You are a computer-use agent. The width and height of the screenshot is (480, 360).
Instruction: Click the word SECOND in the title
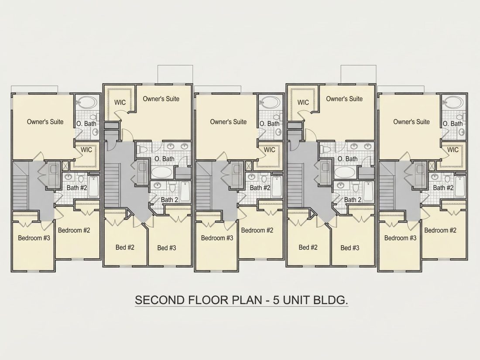[159, 300]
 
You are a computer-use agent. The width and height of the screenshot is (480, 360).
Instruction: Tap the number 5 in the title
[276, 300]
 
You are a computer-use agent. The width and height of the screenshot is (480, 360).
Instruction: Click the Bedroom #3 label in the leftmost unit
[34, 238]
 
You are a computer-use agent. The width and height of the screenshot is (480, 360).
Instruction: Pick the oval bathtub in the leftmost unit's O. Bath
[86, 102]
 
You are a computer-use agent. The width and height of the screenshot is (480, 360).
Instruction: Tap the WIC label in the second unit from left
[120, 102]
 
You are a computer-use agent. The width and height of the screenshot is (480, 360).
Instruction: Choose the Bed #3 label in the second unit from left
[167, 248]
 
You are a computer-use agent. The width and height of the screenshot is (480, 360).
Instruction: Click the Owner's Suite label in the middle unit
[228, 122]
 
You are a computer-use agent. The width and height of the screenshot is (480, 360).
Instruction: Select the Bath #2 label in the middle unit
[260, 188]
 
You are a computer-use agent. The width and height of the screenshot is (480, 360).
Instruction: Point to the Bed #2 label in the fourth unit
[308, 247]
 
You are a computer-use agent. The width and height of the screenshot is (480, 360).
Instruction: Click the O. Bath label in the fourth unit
[347, 159]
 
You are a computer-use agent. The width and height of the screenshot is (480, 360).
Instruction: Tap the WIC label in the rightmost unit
[453, 150]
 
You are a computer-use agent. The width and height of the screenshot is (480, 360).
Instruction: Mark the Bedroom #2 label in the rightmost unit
[440, 230]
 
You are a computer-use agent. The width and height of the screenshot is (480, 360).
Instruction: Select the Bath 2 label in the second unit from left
[170, 200]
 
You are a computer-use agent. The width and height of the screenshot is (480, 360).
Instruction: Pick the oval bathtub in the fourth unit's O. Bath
[346, 172]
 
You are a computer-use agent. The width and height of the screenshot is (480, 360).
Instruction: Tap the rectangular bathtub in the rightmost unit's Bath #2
[459, 186]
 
